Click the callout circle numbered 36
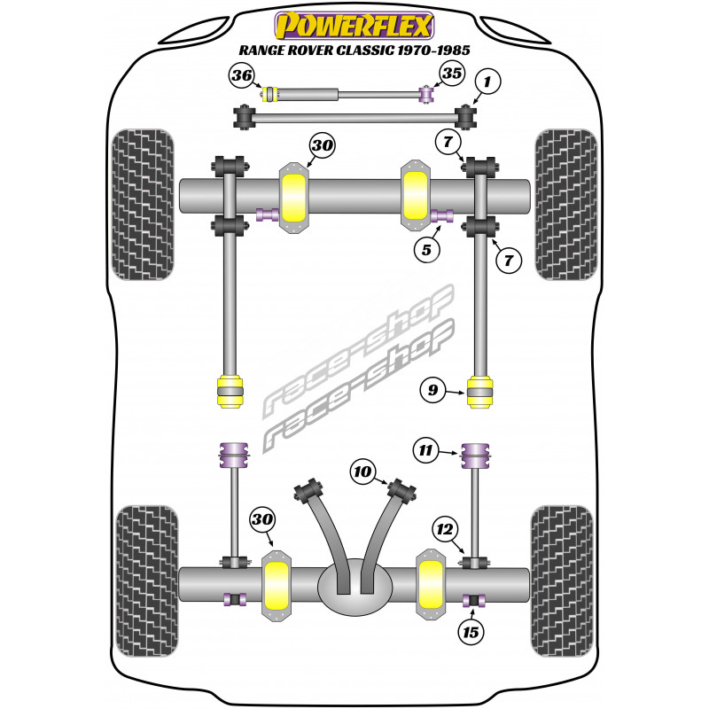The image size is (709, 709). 241,75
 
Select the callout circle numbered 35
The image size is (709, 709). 451,74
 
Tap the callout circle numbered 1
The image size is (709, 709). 486,84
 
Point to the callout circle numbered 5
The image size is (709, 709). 426,251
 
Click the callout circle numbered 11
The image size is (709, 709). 426,452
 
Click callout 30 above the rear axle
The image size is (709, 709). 261,518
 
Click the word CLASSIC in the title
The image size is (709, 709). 386,51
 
